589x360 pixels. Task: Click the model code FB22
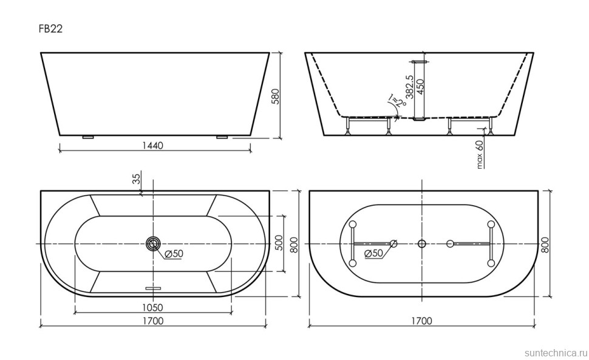point(51,29)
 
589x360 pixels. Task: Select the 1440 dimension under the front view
point(154,145)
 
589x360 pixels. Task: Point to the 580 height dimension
point(274,95)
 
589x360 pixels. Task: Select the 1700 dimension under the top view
point(154,321)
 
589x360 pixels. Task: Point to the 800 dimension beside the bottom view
point(545,244)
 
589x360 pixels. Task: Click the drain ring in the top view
point(152,244)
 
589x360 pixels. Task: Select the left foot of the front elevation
point(87,137)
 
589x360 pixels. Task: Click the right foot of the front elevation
point(221,137)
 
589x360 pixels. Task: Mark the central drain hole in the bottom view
point(422,244)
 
